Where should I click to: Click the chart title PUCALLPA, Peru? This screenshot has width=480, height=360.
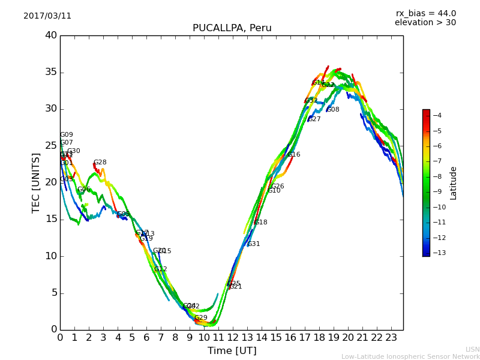232,28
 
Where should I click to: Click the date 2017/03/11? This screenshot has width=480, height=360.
47,16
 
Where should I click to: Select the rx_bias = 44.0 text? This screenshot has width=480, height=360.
425,13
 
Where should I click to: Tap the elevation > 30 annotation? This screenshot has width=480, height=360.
425,23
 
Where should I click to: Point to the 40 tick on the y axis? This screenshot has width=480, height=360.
51,35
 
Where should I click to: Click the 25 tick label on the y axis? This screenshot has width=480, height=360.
51,146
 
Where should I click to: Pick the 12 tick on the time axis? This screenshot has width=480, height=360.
233,338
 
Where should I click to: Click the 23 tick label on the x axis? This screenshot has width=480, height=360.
391,338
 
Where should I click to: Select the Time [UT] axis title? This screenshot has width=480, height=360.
232,351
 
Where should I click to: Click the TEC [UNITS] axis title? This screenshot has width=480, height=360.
36,182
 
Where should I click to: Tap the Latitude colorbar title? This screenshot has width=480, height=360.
454,183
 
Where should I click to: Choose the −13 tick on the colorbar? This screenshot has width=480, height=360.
439,253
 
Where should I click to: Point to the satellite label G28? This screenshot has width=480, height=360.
100,163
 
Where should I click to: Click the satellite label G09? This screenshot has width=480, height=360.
67,135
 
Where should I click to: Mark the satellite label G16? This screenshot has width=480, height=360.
294,155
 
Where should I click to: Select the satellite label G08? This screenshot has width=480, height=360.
333,110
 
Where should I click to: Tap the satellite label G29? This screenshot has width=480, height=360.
201,318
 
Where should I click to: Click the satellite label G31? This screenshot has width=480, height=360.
254,244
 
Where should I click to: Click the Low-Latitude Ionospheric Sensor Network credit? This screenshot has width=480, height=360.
410,357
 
